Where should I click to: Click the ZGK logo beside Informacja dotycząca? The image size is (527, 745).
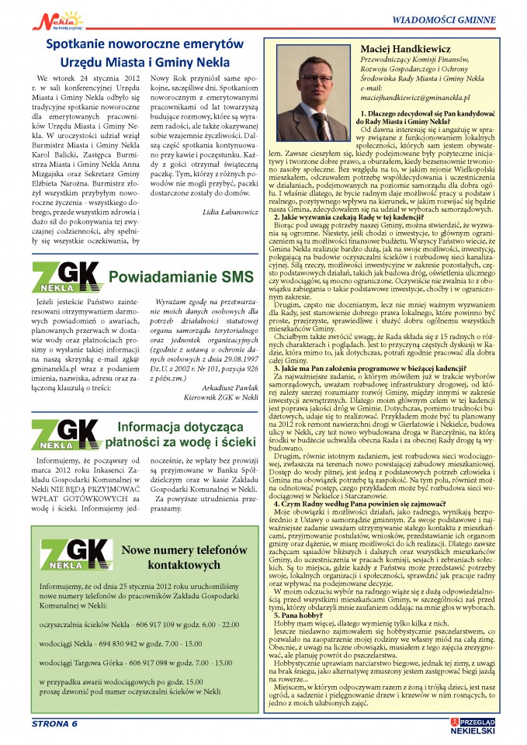(66, 432)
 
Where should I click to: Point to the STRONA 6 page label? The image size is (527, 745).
(54, 723)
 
